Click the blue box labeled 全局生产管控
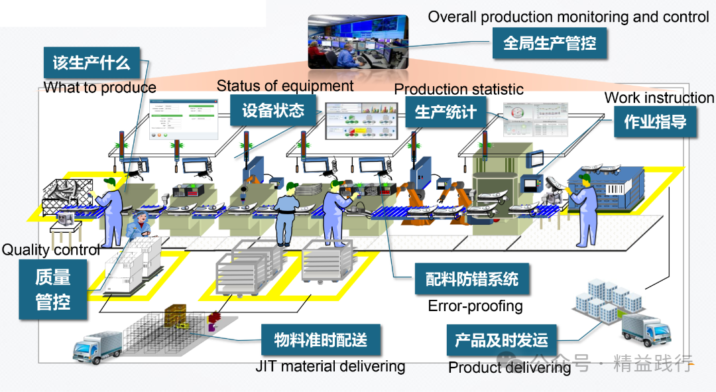550,44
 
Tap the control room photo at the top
357,42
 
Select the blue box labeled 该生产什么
91,63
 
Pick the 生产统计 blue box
446,111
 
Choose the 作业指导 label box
655,121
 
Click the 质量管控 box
52,289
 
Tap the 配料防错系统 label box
472,279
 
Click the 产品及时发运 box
501,341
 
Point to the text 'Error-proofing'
475,306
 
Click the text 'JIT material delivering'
329,366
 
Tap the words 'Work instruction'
659,98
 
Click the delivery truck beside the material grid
97,346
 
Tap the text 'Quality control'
51,250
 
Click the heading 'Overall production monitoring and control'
568,17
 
